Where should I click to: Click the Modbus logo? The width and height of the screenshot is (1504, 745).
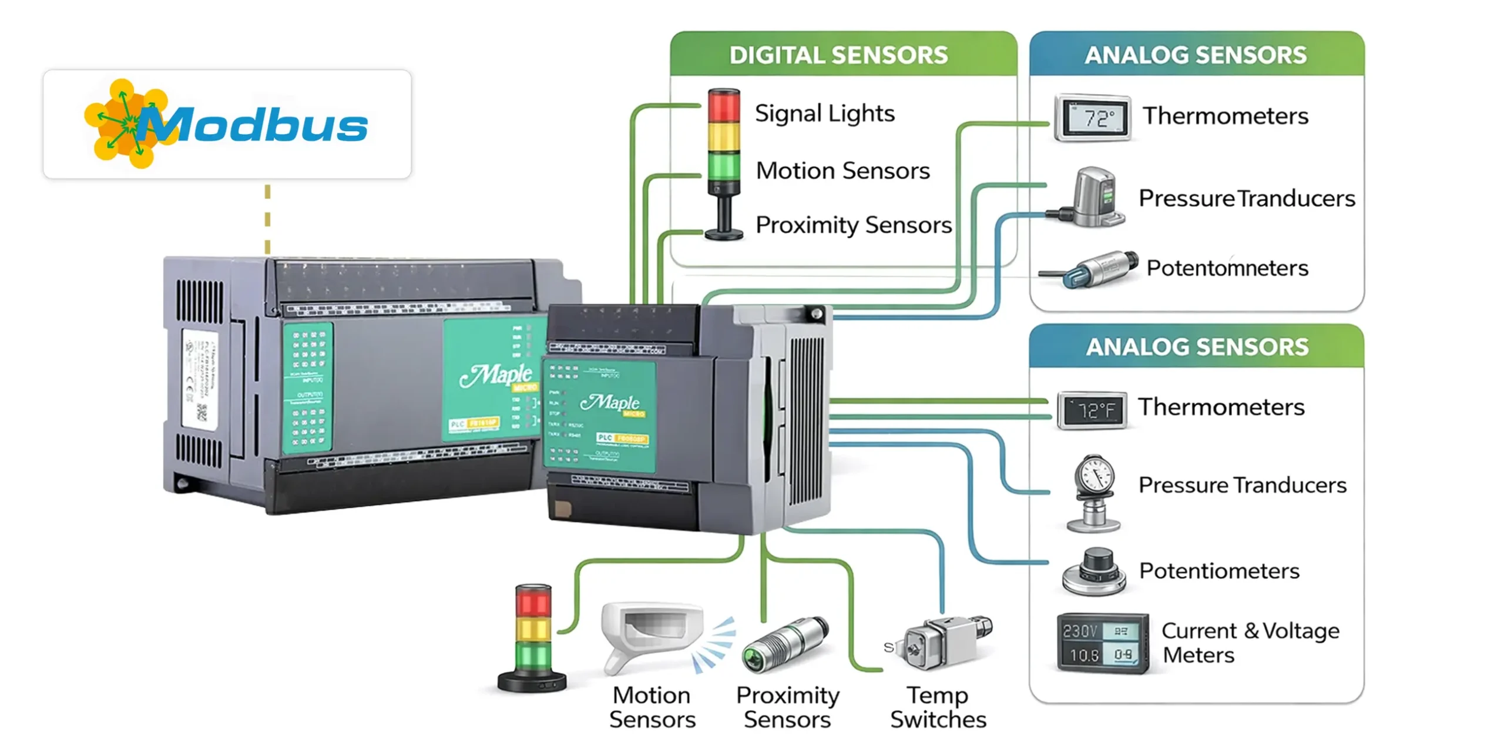tap(226, 124)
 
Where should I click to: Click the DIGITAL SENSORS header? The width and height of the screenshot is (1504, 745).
tap(838, 55)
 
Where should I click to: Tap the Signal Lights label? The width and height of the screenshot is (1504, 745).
tap(824, 113)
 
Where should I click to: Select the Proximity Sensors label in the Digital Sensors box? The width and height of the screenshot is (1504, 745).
tap(853, 225)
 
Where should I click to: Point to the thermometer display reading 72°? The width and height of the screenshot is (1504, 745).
tap(1092, 118)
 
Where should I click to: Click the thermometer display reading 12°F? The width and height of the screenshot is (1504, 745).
tap(1092, 410)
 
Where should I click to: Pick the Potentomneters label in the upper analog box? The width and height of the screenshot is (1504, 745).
tap(1227, 268)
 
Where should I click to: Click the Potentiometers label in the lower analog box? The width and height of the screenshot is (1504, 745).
tap(1219, 570)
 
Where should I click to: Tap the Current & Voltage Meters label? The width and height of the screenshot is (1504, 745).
tap(1250, 642)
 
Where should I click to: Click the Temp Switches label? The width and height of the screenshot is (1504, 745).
tap(938, 707)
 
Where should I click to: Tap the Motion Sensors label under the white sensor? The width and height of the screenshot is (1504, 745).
tap(652, 707)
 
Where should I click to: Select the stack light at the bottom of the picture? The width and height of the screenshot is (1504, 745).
tap(532, 638)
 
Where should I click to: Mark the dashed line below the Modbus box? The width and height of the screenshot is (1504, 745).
tap(267, 218)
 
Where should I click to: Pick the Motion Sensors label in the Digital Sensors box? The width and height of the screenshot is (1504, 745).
tap(842, 171)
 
